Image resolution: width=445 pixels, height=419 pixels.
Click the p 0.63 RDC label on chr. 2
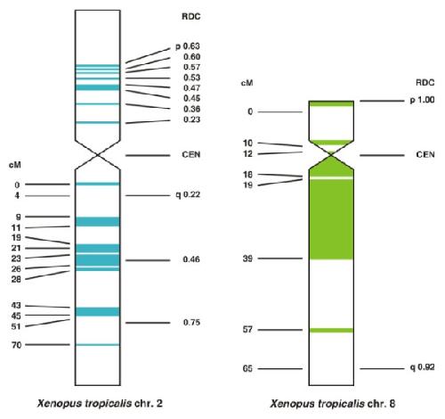pyautogui.click(x=188, y=46)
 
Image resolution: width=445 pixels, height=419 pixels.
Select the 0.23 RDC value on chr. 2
pyautogui.click(x=191, y=119)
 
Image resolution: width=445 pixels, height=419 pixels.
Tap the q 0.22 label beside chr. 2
pyautogui.click(x=188, y=195)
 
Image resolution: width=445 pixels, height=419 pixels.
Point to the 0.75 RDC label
pyautogui.click(x=191, y=323)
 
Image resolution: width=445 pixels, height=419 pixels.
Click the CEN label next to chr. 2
pyautogui.click(x=191, y=155)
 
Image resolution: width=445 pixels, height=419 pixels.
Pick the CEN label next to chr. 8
pyautogui.click(x=425, y=155)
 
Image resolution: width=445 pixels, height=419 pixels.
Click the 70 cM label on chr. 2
pyautogui.click(x=17, y=345)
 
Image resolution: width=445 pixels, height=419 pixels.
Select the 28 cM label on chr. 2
pyautogui.click(x=16, y=279)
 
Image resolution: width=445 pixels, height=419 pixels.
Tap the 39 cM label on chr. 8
pyautogui.click(x=247, y=259)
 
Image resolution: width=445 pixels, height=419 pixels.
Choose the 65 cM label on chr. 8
pyautogui.click(x=247, y=369)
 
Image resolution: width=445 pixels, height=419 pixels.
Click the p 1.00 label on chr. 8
pyautogui.click(x=422, y=100)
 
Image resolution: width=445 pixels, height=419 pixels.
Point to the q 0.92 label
pyautogui.click(x=422, y=367)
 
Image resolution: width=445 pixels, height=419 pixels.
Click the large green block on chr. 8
pyautogui.click(x=331, y=219)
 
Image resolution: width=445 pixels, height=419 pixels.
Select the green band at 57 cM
pyautogui.click(x=331, y=331)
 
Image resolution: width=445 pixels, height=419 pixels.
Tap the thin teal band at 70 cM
pyautogui.click(x=98, y=345)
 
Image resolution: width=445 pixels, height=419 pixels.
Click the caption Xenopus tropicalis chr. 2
pyautogui.click(x=100, y=404)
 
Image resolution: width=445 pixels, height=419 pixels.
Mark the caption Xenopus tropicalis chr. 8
pyautogui.click(x=333, y=404)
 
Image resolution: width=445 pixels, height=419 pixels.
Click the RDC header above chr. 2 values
pyautogui.click(x=191, y=16)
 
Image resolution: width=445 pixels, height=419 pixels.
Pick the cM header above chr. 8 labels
pyautogui.click(x=247, y=83)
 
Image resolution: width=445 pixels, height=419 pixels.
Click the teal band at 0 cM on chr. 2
pyautogui.click(x=98, y=184)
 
